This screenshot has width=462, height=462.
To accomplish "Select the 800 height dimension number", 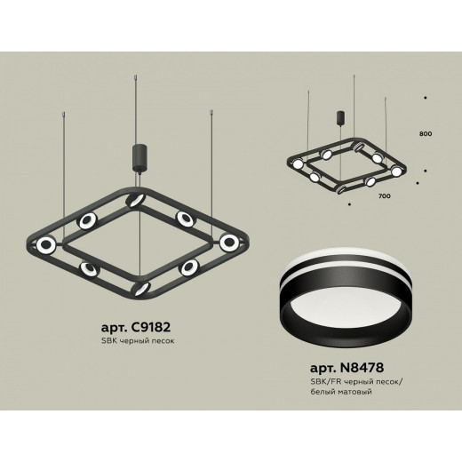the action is click(426, 133).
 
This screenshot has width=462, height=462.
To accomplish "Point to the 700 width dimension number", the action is click(384, 195).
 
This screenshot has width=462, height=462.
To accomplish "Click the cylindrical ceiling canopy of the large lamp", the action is click(139, 156).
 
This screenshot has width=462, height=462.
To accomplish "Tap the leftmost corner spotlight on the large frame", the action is click(46, 244).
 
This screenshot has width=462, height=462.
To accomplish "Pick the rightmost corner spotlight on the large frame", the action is click(229, 242).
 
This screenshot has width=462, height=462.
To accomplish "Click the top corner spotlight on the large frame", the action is click(135, 200).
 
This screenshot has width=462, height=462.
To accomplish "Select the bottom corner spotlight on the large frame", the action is click(142, 289).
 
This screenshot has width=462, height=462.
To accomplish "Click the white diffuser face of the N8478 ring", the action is click(346, 308).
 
